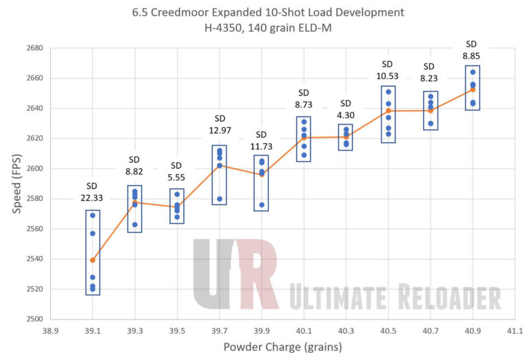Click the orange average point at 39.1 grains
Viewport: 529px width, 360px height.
click(92, 260)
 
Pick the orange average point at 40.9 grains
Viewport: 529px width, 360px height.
click(473, 89)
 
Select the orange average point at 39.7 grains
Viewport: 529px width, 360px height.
click(220, 165)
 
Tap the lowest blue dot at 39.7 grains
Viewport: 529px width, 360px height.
click(220, 199)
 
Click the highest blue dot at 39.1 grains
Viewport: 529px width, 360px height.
click(92, 215)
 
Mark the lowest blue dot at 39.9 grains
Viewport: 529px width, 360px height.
click(262, 205)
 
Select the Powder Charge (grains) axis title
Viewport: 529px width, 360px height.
click(282, 347)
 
